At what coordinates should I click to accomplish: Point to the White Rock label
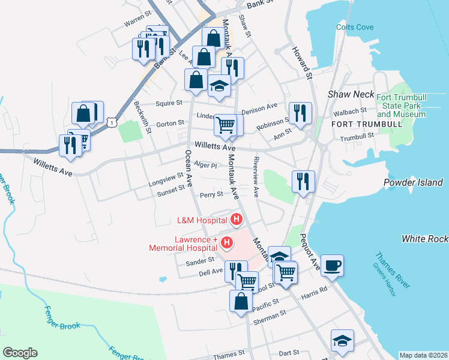pos(424,239)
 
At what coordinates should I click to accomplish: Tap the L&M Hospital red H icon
pos(237,220)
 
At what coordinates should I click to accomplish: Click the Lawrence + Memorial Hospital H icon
pos(227,243)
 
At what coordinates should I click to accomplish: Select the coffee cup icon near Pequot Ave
pos(332,265)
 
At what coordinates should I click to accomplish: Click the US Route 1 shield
pos(112,122)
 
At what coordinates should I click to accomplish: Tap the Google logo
pos(20,352)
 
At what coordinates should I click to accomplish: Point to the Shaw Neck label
pos(351,95)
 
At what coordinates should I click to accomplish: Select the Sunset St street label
pos(171,190)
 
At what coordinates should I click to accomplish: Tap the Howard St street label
pos(303,63)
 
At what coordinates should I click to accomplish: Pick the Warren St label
pos(137,22)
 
